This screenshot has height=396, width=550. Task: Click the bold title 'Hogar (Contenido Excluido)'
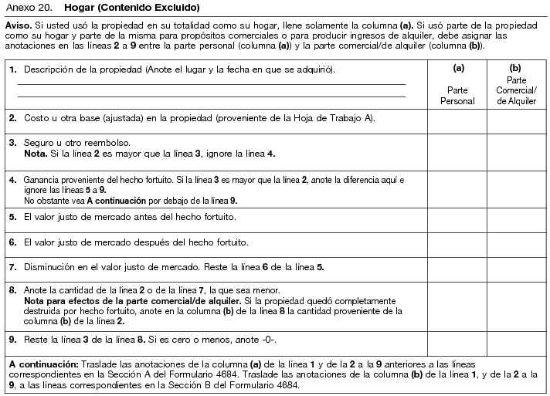pos(132,8)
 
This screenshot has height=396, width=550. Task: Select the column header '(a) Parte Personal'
pos(457,84)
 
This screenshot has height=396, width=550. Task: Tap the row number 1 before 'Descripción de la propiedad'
pos(13,70)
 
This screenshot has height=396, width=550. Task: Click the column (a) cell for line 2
pos(457,121)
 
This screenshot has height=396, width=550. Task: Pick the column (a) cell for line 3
pos(457,150)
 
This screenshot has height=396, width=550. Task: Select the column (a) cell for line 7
pos(457,269)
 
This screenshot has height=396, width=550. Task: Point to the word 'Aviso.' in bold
pos(19,25)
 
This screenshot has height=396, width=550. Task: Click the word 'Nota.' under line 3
pos(36,154)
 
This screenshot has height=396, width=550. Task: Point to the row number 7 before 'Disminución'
pos(13,267)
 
